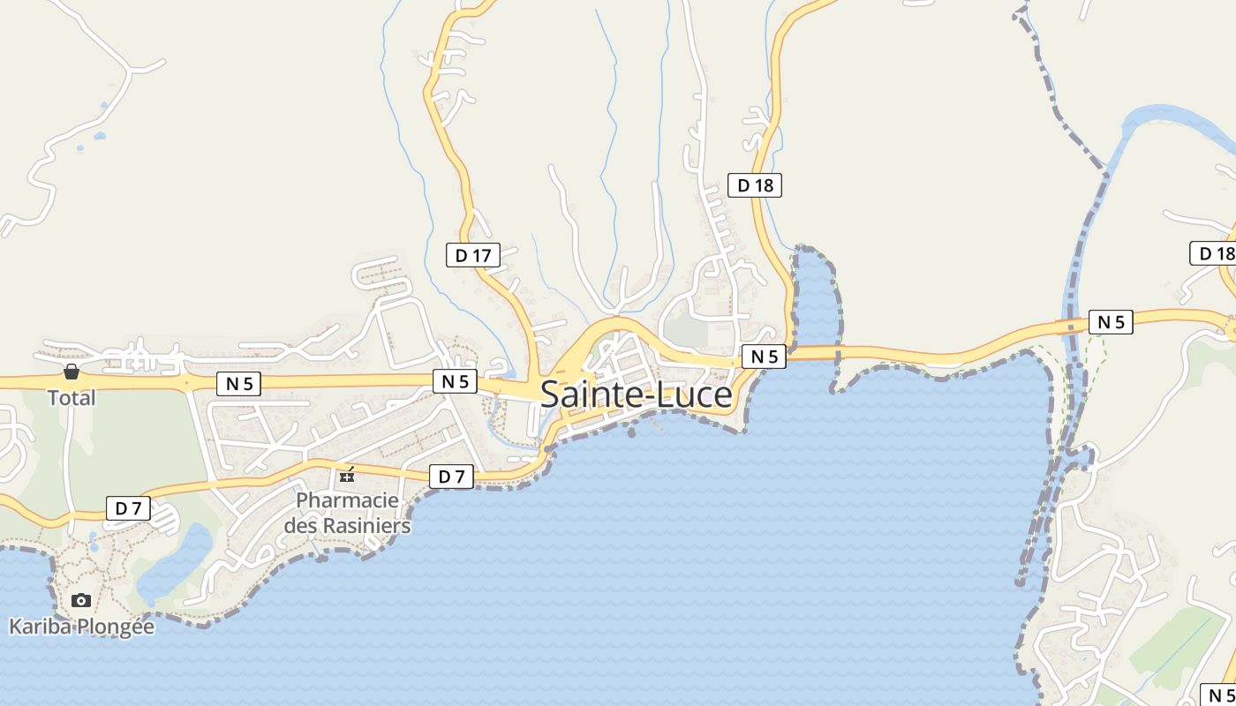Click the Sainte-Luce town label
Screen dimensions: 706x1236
(x=636, y=394)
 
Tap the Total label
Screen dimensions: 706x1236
(x=72, y=398)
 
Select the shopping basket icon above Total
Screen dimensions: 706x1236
(x=72, y=372)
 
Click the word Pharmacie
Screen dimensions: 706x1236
(x=347, y=500)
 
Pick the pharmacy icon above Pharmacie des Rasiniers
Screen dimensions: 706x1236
(x=348, y=476)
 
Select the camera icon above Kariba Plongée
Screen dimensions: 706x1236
(x=81, y=600)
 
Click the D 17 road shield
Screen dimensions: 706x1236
(x=472, y=256)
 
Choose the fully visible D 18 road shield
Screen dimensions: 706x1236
(x=755, y=185)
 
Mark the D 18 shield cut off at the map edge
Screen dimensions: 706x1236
(x=1215, y=254)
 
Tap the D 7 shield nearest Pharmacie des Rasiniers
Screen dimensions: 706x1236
(x=451, y=477)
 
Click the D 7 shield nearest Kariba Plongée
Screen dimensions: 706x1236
(x=128, y=508)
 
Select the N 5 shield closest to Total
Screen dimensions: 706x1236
(x=238, y=384)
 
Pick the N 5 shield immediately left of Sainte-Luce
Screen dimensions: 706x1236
(x=455, y=381)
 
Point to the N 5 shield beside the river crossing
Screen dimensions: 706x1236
(x=1110, y=322)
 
